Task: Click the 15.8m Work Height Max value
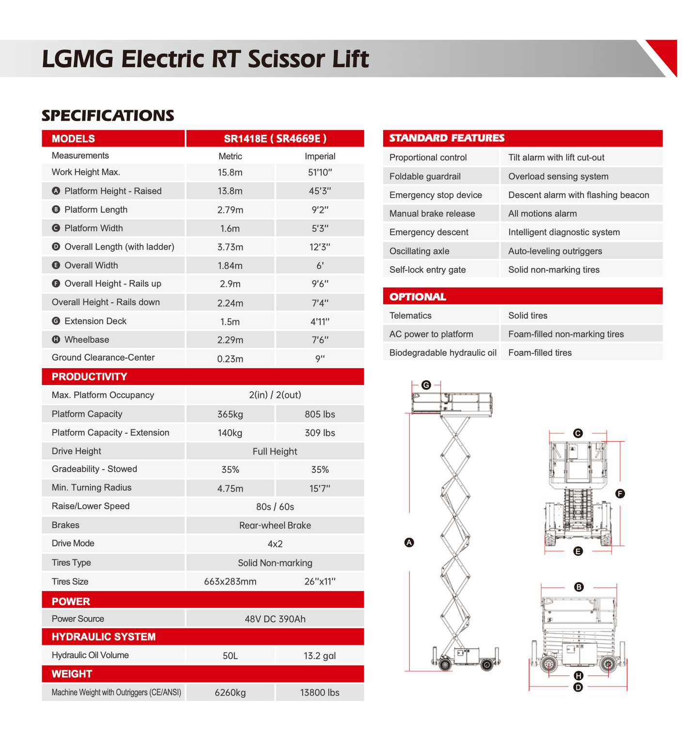pyautogui.click(x=230, y=172)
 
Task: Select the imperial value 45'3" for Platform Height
pyautogui.click(x=320, y=191)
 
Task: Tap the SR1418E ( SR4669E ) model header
pyautogui.click(x=275, y=139)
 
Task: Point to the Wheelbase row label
pyautogui.click(x=87, y=340)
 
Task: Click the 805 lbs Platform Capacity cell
pyautogui.click(x=320, y=415)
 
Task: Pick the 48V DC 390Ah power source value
pyautogui.click(x=275, y=619)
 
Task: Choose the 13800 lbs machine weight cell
pyautogui.click(x=320, y=693)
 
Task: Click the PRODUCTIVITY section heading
pyautogui.click(x=90, y=377)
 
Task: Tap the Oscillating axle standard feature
pyautogui.click(x=420, y=251)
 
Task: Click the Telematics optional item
pyautogui.click(x=410, y=316)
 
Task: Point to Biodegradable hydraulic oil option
pyautogui.click(x=443, y=353)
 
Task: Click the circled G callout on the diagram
pyautogui.click(x=426, y=385)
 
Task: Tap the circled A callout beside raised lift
pyautogui.click(x=409, y=543)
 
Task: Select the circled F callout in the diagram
pyautogui.click(x=620, y=494)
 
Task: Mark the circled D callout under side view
pyautogui.click(x=578, y=687)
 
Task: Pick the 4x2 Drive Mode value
pyautogui.click(x=275, y=544)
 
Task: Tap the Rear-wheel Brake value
pyautogui.click(x=275, y=526)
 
